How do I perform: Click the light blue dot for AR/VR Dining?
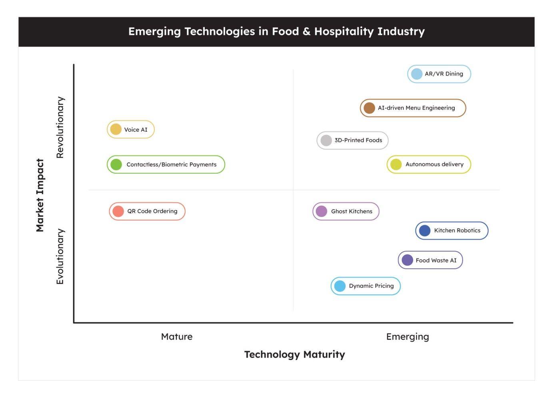click(x=417, y=74)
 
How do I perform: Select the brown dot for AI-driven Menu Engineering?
click(x=369, y=108)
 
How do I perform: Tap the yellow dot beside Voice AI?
click(x=116, y=130)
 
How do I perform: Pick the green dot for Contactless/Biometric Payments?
click(x=116, y=164)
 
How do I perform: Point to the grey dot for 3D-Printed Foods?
click(x=326, y=140)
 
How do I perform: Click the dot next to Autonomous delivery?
click(x=396, y=164)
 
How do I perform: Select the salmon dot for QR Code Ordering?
click(x=118, y=211)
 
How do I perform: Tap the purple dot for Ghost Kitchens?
click(x=321, y=211)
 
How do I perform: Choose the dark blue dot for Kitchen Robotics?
click(x=425, y=231)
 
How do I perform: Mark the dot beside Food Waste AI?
click(x=407, y=260)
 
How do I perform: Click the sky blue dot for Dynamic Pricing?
click(x=340, y=286)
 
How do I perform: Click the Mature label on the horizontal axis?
click(x=177, y=337)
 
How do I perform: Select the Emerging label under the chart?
click(x=407, y=337)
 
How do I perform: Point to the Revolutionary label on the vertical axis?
click(x=60, y=127)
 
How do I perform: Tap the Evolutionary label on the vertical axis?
click(x=60, y=256)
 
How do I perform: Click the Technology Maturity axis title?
click(x=295, y=354)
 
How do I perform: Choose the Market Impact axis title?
click(x=40, y=195)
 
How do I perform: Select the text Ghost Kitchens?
click(x=351, y=211)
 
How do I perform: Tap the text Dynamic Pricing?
click(x=371, y=286)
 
